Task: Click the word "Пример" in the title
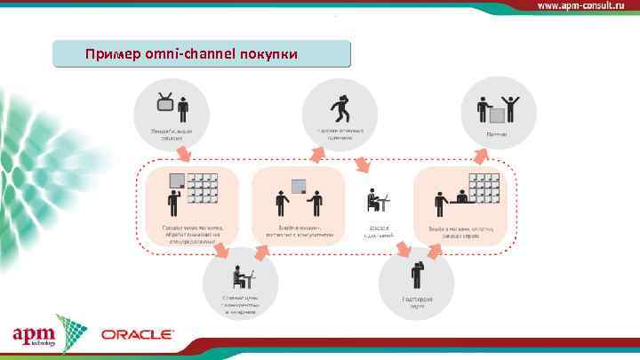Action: tap(106, 54)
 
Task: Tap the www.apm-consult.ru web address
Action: tap(586, 5)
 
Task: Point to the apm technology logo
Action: tap(36, 335)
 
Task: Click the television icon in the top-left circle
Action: tap(165, 103)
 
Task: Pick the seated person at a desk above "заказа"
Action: tap(378, 202)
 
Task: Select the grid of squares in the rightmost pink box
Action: tap(485, 188)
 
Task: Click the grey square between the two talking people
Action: tap(300, 186)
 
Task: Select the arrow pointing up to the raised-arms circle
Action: tap(481, 156)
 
